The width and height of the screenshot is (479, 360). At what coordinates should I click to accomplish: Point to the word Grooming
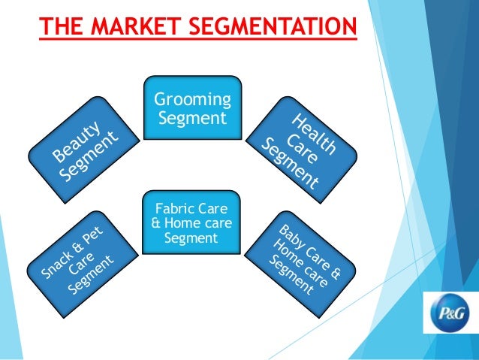pyautogui.click(x=193, y=101)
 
